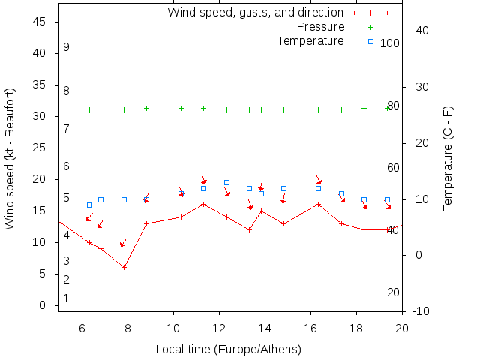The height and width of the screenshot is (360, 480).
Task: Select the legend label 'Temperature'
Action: pyautogui.click(x=310, y=40)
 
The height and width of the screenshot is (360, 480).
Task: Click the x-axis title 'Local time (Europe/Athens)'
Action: pyautogui.click(x=228, y=349)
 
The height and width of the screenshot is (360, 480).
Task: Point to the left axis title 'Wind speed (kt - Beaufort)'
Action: pyautogui.click(x=10, y=157)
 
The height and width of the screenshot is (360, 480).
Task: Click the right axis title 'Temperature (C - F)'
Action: pyautogui.click(x=448, y=157)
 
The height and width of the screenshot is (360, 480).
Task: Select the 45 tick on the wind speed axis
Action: pyautogui.click(x=41, y=22)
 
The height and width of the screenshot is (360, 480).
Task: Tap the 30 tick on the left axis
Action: pyautogui.click(x=41, y=117)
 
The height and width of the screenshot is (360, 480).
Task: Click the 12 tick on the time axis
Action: pyautogui.click(x=219, y=328)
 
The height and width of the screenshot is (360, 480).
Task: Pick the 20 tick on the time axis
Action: pyautogui.click(x=402, y=328)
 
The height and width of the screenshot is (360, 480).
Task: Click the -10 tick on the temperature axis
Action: pyautogui.click(x=421, y=311)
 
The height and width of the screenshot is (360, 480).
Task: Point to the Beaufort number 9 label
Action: pyautogui.click(x=67, y=47)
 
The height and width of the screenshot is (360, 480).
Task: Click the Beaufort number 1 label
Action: pyautogui.click(x=67, y=298)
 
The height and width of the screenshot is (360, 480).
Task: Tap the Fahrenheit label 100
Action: pyautogui.click(x=390, y=43)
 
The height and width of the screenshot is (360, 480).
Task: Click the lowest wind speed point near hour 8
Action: pyautogui.click(x=124, y=267)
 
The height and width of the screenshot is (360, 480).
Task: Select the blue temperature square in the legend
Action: pyautogui.click(x=370, y=41)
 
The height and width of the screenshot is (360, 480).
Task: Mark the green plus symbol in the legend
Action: pyautogui.click(x=370, y=27)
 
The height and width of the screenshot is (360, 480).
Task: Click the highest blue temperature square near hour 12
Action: pyautogui.click(x=226, y=182)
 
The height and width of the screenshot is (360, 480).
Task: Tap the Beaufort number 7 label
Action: pyautogui.click(x=67, y=129)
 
